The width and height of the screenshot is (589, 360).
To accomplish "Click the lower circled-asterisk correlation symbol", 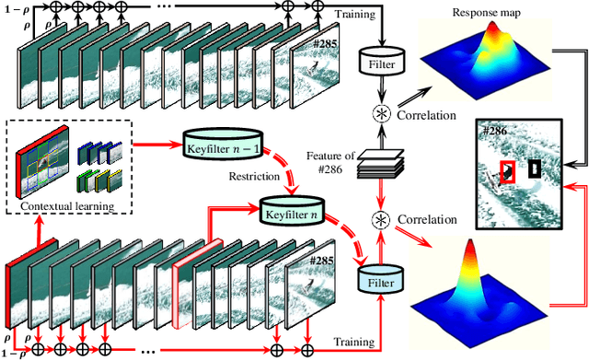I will (376, 220).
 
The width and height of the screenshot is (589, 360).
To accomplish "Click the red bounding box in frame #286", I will (507, 172).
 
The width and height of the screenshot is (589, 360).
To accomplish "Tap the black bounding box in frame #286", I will (536, 168).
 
